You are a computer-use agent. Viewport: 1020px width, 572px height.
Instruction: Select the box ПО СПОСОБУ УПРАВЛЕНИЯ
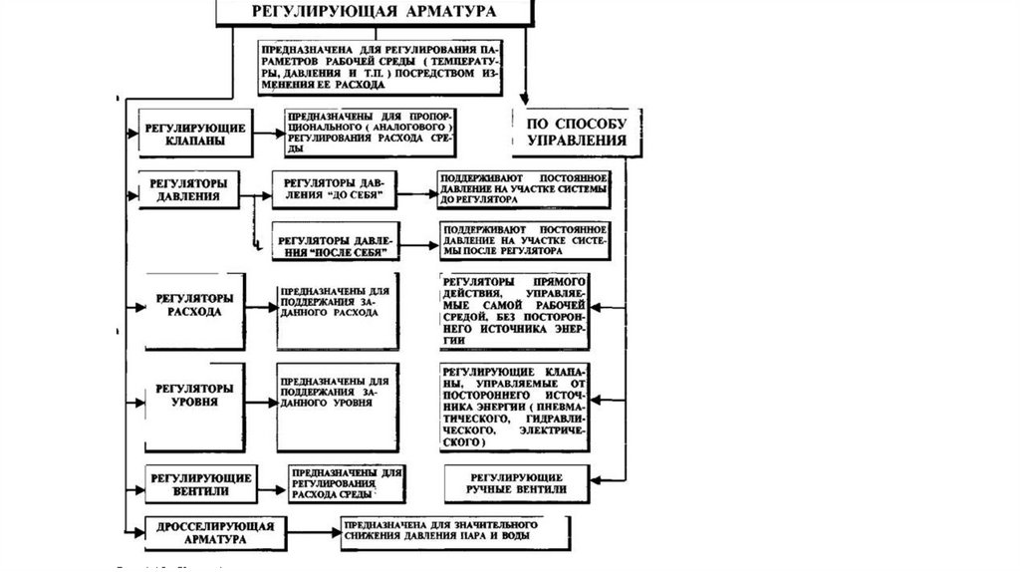click(x=570, y=133)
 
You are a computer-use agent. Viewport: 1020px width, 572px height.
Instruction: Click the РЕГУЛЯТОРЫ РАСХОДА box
click(x=194, y=309)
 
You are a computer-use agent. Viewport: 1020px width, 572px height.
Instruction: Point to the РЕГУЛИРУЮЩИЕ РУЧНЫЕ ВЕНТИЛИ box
click(x=518, y=484)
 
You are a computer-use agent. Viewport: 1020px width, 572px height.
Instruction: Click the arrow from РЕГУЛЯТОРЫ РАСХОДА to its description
click(x=259, y=308)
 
